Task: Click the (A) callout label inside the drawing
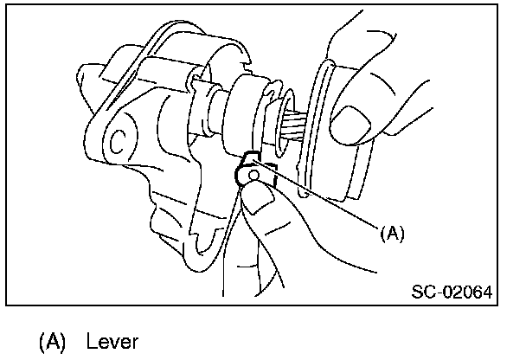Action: point(392,231)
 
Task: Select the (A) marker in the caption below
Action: point(53,342)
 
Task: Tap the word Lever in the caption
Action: point(112,342)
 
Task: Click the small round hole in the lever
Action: point(253,176)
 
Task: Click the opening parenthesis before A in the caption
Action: point(43,342)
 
